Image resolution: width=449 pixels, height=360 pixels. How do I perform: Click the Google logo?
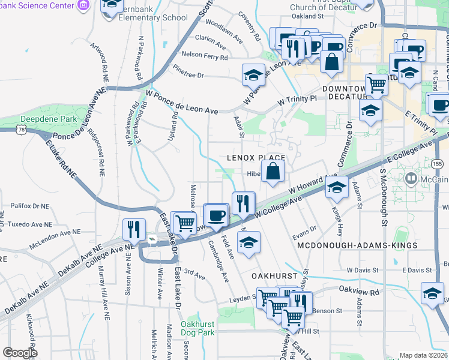20,353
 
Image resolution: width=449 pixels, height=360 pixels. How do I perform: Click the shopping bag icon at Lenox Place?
273,171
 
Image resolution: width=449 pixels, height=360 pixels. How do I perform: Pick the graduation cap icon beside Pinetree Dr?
253,75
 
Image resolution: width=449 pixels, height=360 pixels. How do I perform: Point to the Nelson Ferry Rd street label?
205,58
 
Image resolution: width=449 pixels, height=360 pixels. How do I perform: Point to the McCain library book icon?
411,178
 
